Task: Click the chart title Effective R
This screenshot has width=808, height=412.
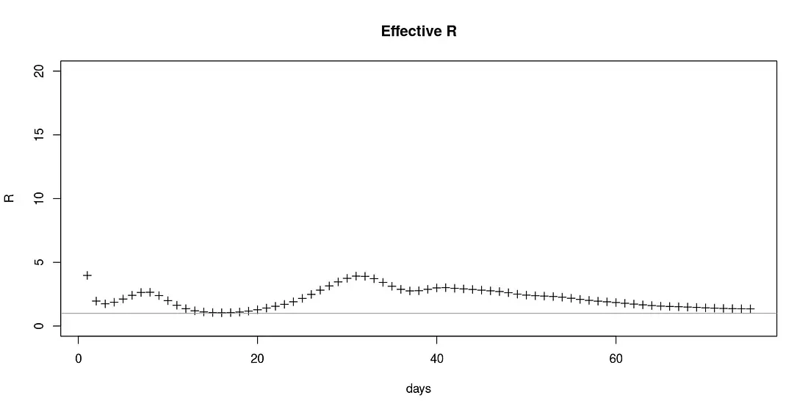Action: (x=419, y=32)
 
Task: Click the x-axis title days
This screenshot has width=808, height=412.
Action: (x=419, y=389)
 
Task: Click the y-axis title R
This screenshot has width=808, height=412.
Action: (x=10, y=198)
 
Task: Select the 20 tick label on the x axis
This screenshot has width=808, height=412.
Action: (x=258, y=358)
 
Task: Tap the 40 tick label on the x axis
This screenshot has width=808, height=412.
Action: (x=437, y=358)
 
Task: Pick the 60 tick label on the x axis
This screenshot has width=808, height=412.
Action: (x=616, y=358)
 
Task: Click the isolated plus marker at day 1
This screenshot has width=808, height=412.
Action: (x=87, y=275)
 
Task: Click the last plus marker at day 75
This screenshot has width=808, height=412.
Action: (x=751, y=309)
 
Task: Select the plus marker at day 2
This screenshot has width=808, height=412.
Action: (x=96, y=301)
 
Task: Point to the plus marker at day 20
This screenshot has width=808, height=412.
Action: (x=258, y=310)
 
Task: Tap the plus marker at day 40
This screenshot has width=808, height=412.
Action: (x=437, y=288)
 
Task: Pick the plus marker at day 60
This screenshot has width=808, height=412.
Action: (x=616, y=302)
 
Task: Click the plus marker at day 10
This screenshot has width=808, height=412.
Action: (x=168, y=300)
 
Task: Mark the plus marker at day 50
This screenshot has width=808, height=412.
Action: (x=527, y=294)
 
